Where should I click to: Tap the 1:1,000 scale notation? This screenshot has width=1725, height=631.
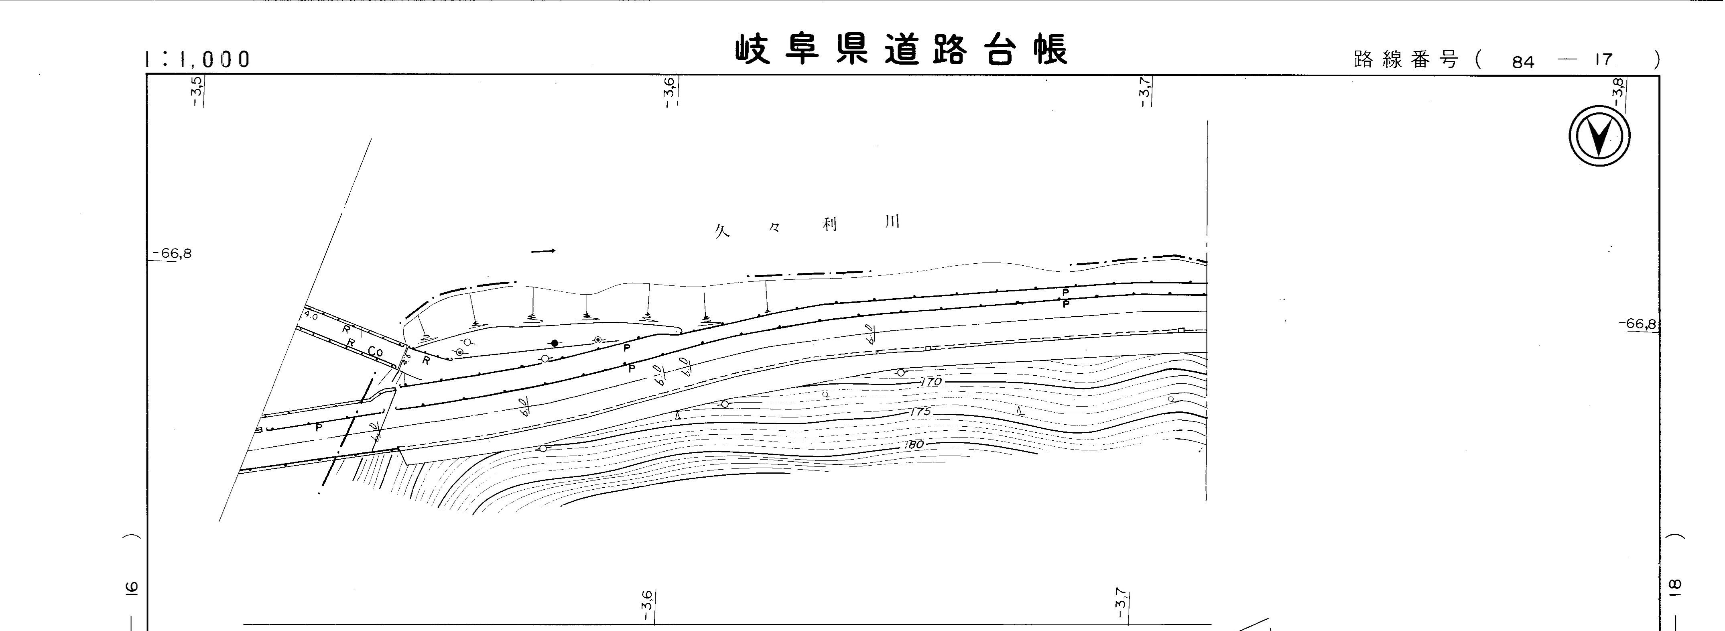coord(197,60)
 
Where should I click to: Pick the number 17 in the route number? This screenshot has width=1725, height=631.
coord(1603,60)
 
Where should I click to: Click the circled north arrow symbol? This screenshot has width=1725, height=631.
coord(1599,136)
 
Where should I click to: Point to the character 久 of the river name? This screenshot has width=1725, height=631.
coord(721,232)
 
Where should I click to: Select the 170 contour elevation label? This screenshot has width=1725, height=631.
coord(931,382)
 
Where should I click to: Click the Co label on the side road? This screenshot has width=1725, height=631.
coord(375,351)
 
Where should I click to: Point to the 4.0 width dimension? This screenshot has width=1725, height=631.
coord(311,314)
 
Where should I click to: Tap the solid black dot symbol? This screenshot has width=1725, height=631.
coord(555,343)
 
